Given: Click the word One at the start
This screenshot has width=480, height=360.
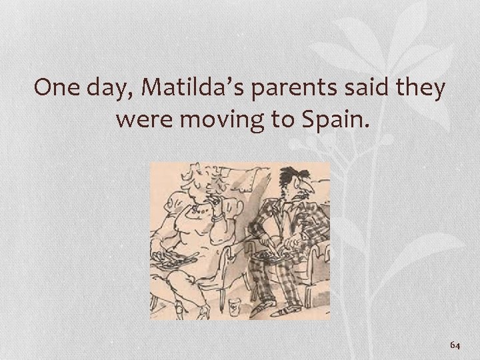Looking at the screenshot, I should (57, 88).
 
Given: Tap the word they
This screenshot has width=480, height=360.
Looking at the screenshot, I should (419, 88).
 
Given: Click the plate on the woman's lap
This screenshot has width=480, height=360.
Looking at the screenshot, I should (165, 257).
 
